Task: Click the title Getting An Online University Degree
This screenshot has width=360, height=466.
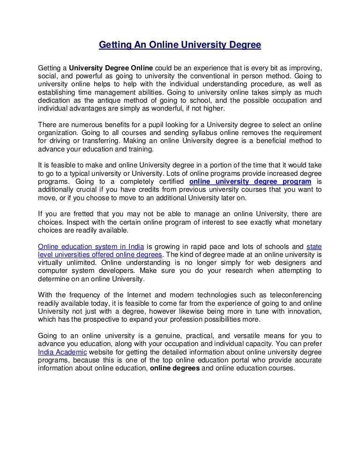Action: (x=180, y=45)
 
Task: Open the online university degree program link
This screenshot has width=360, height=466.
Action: (x=250, y=181)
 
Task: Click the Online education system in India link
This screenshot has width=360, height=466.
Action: (x=90, y=246)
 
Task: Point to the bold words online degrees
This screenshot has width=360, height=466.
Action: (x=175, y=368)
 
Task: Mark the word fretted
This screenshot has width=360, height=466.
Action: (x=75, y=214)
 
